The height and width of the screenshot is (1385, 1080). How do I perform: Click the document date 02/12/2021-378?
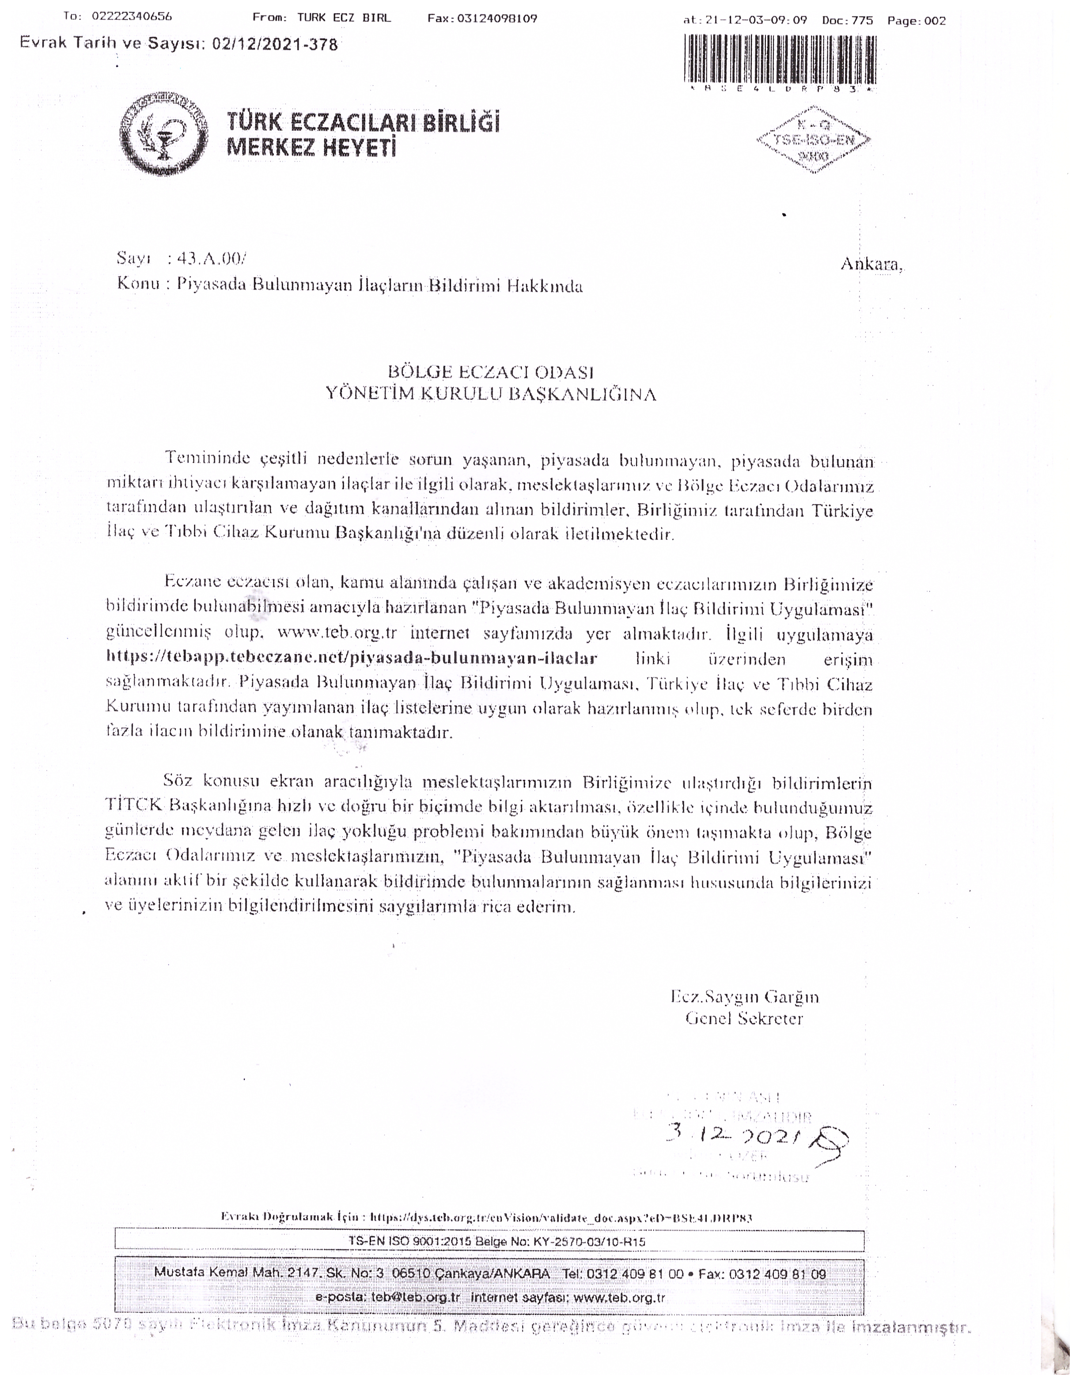pos(275,44)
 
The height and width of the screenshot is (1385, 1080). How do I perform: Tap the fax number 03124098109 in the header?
pos(500,19)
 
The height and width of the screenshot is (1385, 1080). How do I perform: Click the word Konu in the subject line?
pos(138,284)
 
